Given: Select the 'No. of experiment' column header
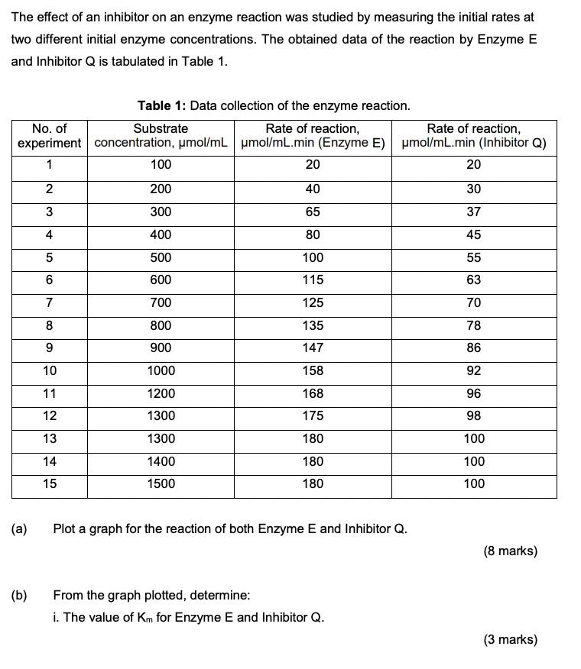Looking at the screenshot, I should pos(50,136).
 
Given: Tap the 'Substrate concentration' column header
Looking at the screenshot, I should pos(161,136).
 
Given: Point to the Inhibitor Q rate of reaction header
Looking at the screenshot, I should pos(473,136).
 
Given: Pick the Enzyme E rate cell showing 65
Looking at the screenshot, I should pos(313,212).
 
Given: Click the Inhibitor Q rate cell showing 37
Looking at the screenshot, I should pos(473,212).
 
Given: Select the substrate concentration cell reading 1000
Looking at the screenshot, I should pos(161,370).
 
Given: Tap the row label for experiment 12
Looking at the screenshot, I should pos(50,415).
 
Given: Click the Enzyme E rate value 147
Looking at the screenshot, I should pos(313,347).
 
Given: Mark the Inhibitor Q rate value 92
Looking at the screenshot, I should pos(473,370).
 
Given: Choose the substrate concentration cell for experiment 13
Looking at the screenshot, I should pos(161,438).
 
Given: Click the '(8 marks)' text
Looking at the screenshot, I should pos(510,551).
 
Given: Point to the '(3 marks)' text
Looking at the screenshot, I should pos(510,640).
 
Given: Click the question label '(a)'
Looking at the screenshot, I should pos(19,528).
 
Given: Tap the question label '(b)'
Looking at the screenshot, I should pos(19,595).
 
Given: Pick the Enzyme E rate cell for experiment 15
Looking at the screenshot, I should pos(313,483).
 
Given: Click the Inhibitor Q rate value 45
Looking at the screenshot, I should pos(473,234).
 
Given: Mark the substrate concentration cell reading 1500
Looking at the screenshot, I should pos(161,483).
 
